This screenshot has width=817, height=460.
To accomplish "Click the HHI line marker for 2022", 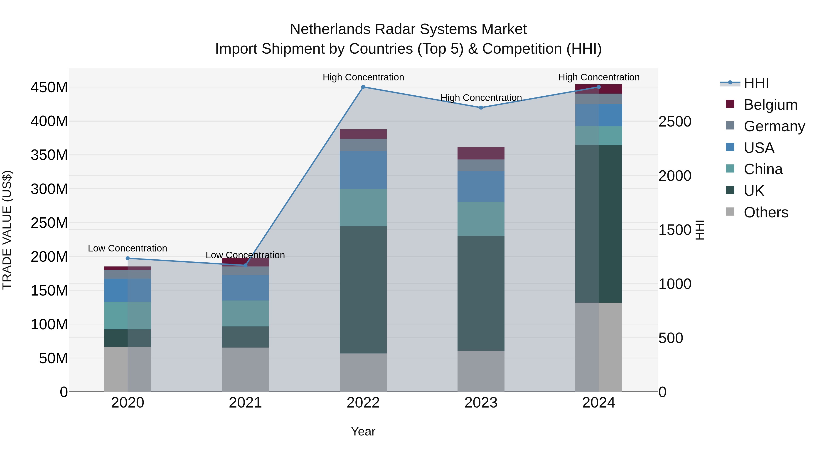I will [363, 87].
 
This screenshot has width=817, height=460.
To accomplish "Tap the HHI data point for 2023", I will [481, 108].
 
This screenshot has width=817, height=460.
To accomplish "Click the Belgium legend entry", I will [770, 105].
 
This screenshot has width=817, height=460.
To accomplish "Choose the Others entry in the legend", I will [766, 212].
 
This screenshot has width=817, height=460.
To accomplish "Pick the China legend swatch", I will [730, 169].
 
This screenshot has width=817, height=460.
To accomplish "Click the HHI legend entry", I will [756, 83].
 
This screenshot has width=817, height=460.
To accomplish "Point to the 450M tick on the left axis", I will [49, 87].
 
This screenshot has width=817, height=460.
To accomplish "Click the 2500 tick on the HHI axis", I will [675, 122].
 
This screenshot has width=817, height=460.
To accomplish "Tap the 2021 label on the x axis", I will [245, 403].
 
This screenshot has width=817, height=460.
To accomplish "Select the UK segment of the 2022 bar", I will [363, 290].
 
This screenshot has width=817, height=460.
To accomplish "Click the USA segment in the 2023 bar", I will [481, 187].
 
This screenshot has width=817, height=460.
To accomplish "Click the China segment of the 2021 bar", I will [245, 313].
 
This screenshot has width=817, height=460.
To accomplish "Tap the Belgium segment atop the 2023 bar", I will [481, 153].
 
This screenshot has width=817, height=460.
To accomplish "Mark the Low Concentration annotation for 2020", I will [128, 248].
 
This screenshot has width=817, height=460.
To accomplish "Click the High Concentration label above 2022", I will [363, 77].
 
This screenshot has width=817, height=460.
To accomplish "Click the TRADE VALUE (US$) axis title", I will [7, 230].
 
